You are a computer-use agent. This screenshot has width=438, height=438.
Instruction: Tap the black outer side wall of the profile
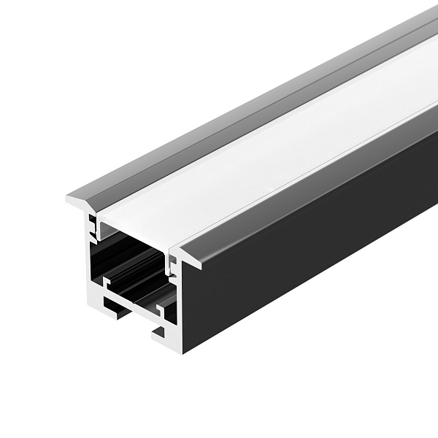pyautogui.click(x=307, y=241)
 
